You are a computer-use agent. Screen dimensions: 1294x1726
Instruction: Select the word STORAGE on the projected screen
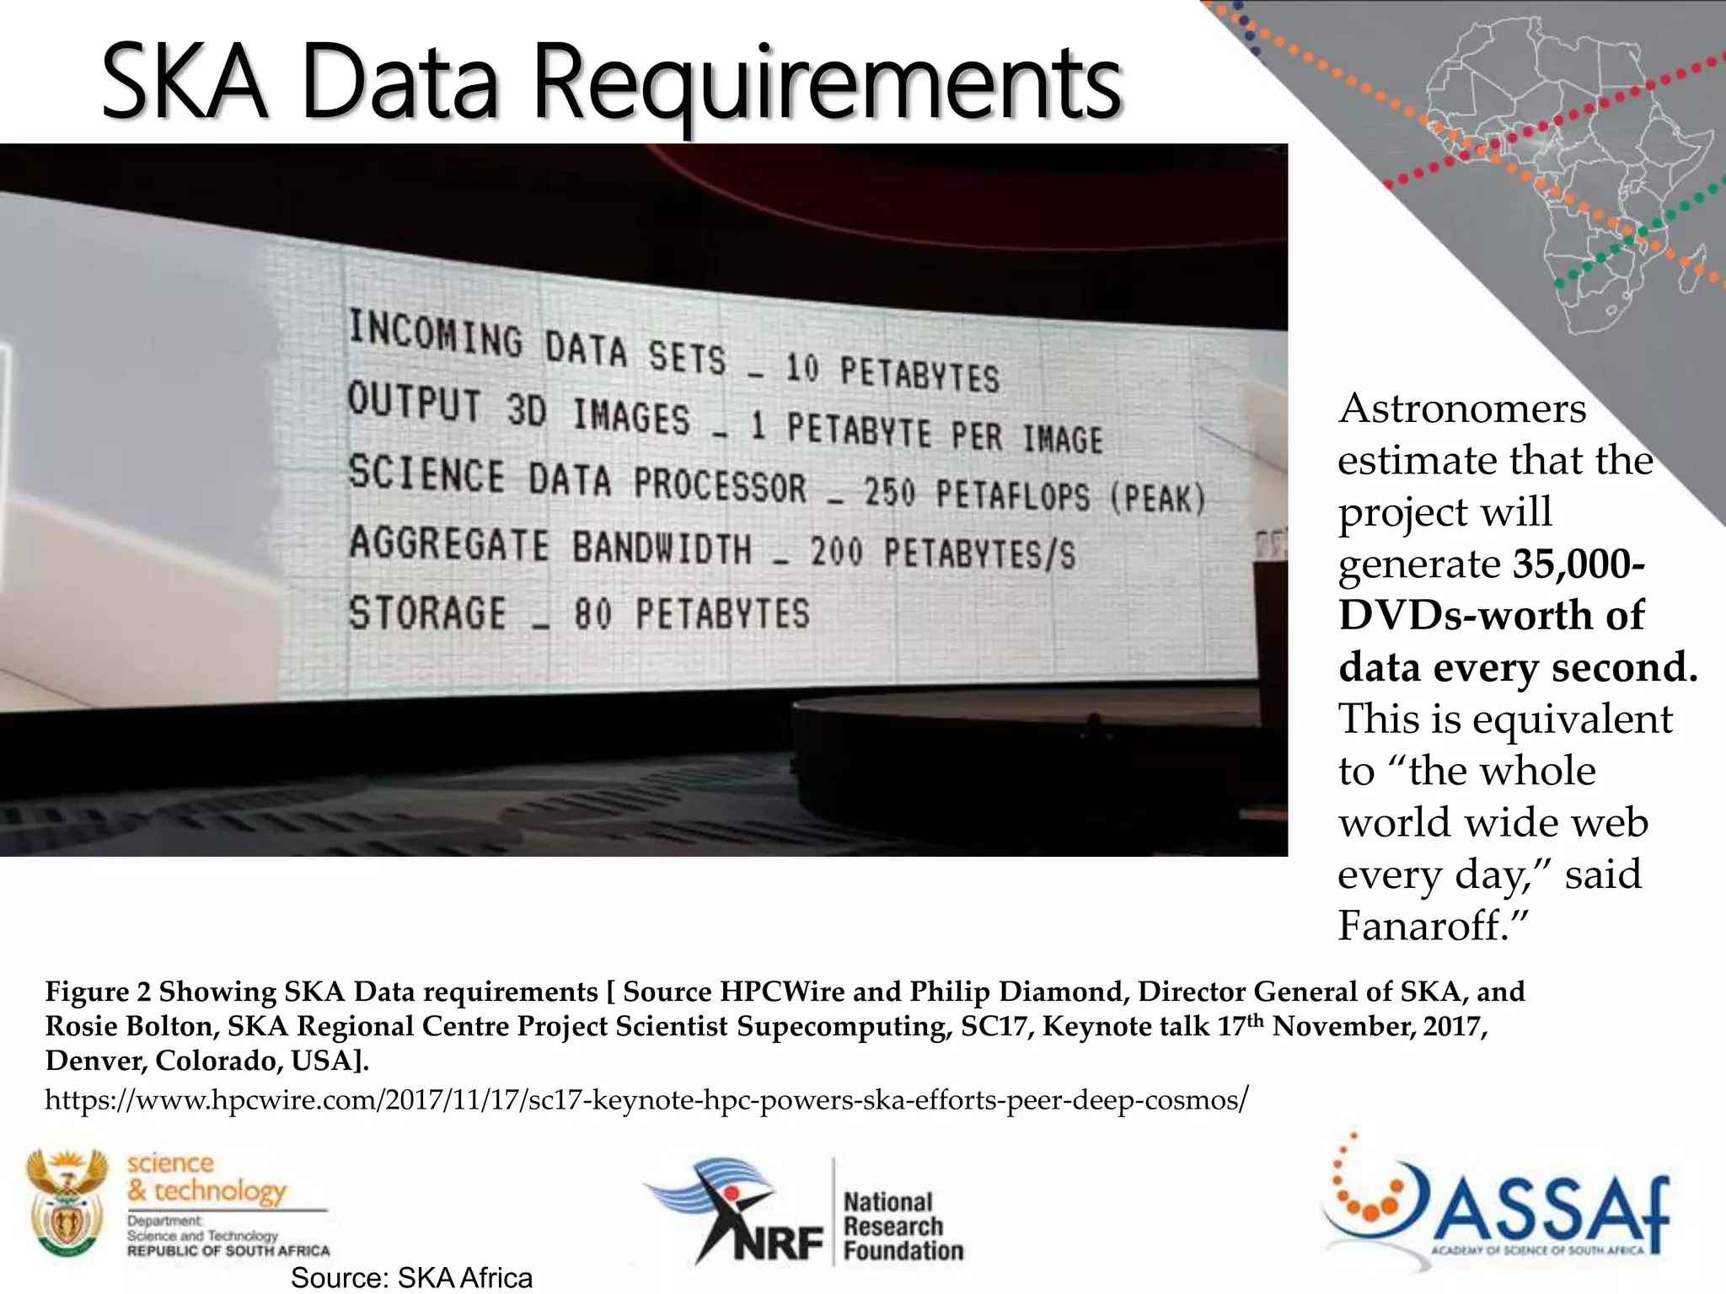tap(427, 612)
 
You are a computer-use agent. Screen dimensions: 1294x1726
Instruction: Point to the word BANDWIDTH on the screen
tap(662, 547)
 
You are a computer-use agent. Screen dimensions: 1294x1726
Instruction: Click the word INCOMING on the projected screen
tap(436, 334)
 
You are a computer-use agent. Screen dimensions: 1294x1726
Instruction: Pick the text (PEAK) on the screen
tap(1158, 498)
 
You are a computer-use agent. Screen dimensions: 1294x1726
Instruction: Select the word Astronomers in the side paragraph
tap(1462, 409)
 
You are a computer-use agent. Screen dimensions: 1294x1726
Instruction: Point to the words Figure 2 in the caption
tap(98, 992)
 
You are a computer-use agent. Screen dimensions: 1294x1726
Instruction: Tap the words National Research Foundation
tap(903, 1227)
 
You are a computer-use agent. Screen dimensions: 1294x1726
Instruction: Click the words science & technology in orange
tap(206, 1177)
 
